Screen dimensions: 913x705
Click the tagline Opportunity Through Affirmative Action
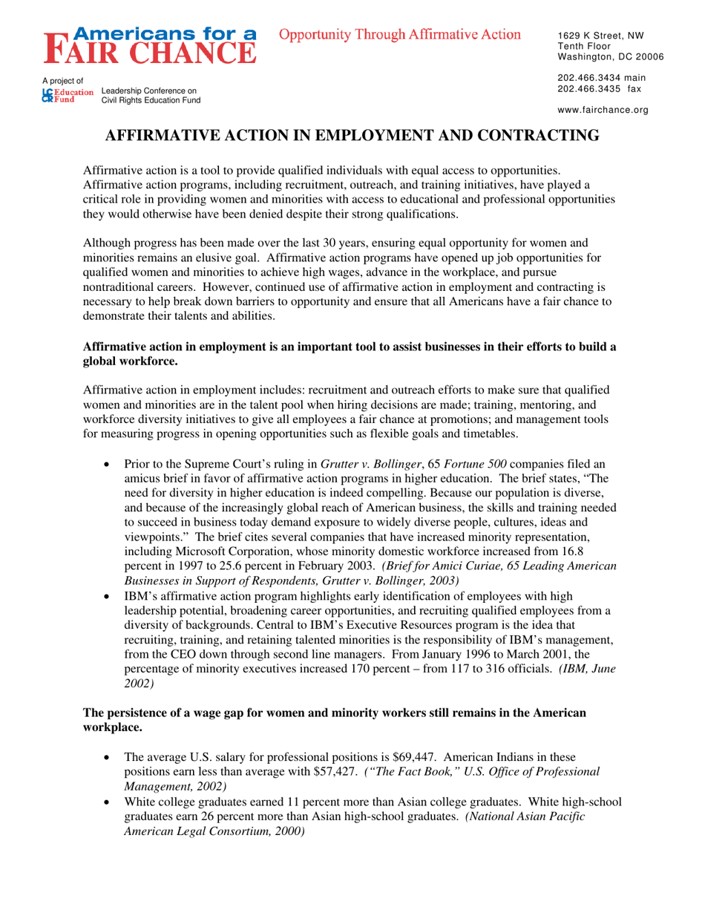[400, 34]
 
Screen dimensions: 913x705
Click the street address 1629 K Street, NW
[600, 36]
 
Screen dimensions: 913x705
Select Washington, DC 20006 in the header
[610, 56]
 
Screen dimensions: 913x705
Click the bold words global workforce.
[129, 362]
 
